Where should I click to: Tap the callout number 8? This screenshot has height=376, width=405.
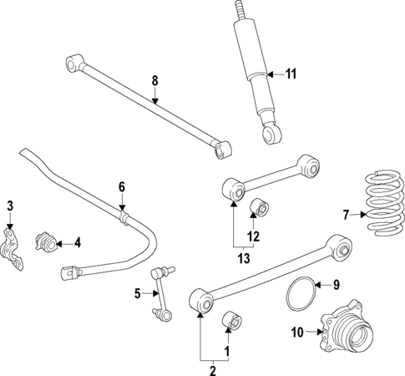pos(154,81)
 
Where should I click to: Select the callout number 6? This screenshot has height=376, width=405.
pos(121,186)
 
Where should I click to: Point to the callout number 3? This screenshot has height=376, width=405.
pos(10,206)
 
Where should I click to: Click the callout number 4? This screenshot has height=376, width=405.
pos(77,243)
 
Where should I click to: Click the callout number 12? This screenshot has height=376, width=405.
pos(253,236)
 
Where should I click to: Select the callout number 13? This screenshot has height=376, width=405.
pos(244,258)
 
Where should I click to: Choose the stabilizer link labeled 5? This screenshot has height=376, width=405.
pos(162,292)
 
